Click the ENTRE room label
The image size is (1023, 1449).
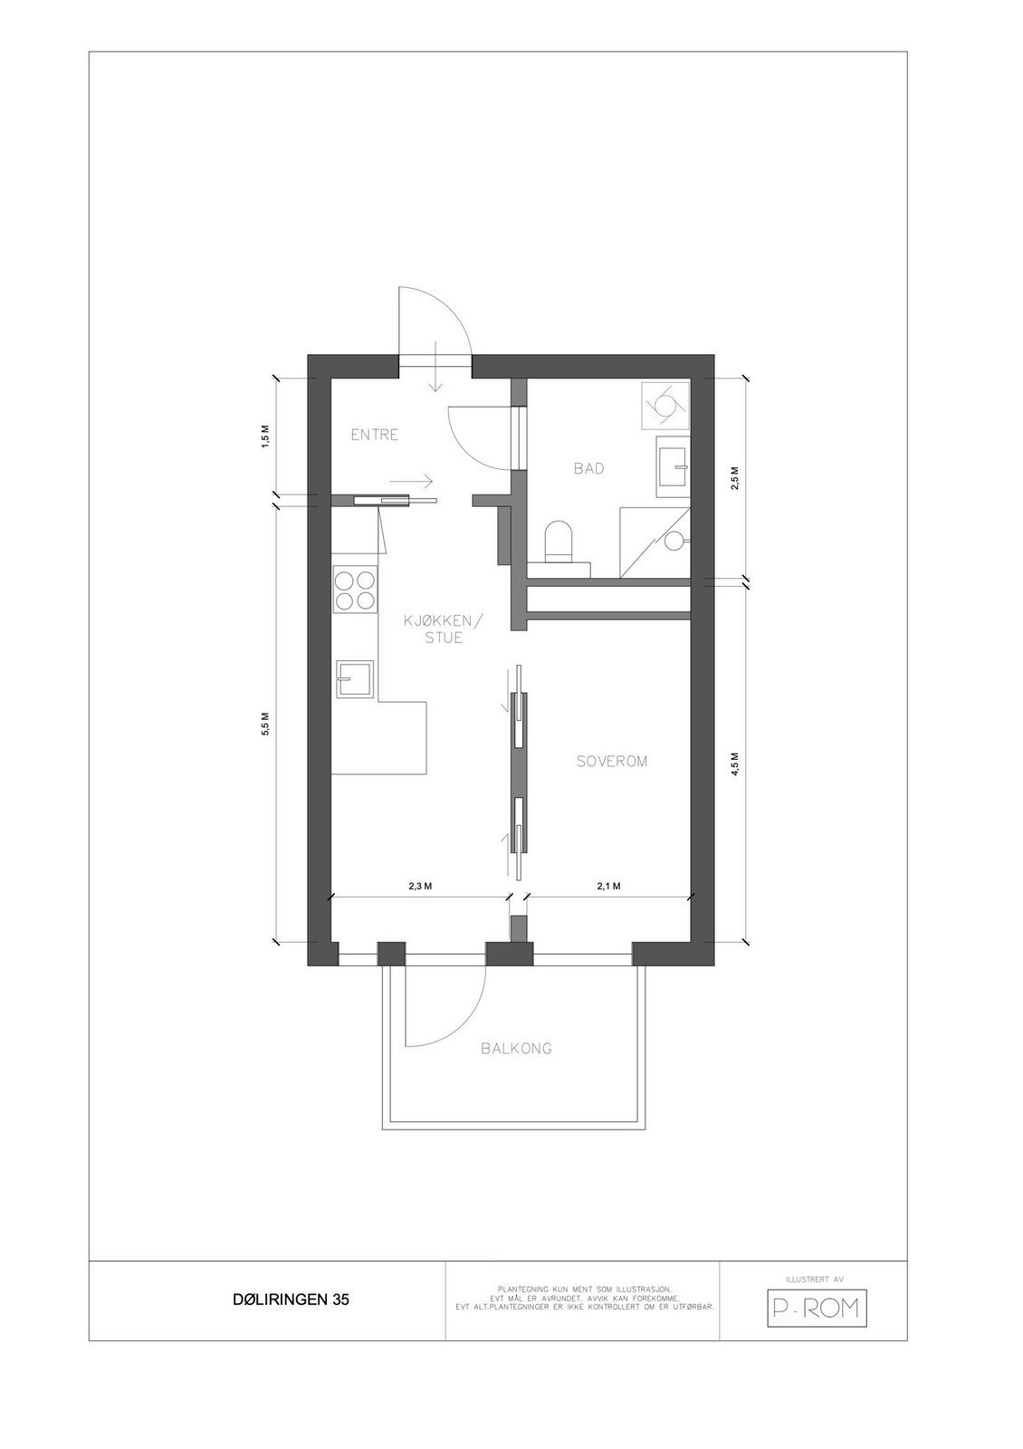click(x=375, y=435)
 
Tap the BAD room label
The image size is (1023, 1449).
click(x=588, y=468)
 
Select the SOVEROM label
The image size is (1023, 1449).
click(x=612, y=762)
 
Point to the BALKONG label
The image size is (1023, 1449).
click(x=516, y=1049)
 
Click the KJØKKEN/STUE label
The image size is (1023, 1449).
click(x=445, y=629)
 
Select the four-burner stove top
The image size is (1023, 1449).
click(x=355, y=589)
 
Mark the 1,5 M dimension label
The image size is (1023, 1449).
click(x=265, y=436)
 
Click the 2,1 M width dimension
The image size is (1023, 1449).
click(x=608, y=887)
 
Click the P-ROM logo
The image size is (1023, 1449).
click(x=816, y=1308)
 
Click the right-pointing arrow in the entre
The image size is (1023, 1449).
click(x=414, y=481)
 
